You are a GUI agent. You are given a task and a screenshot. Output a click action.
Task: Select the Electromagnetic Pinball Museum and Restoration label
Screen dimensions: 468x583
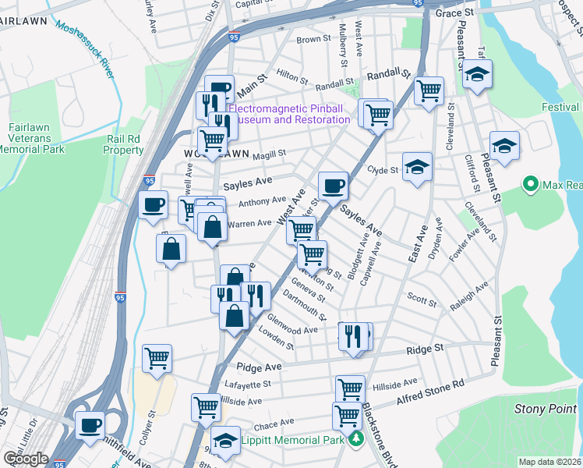tap(290, 114)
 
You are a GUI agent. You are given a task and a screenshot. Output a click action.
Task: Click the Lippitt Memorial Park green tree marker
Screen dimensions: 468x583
tap(356, 439)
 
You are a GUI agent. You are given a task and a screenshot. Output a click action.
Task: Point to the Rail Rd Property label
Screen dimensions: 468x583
tap(124, 144)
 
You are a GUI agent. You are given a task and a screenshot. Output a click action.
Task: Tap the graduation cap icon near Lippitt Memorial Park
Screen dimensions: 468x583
tap(225, 439)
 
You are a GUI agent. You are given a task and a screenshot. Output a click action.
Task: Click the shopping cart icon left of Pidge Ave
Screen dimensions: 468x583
tap(157, 359)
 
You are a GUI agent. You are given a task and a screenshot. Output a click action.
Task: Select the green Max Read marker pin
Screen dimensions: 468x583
tap(531, 185)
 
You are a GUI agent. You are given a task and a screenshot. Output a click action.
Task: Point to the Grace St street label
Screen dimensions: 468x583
tap(454, 13)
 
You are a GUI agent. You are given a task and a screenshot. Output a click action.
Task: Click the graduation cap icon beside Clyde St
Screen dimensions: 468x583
tap(418, 166)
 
